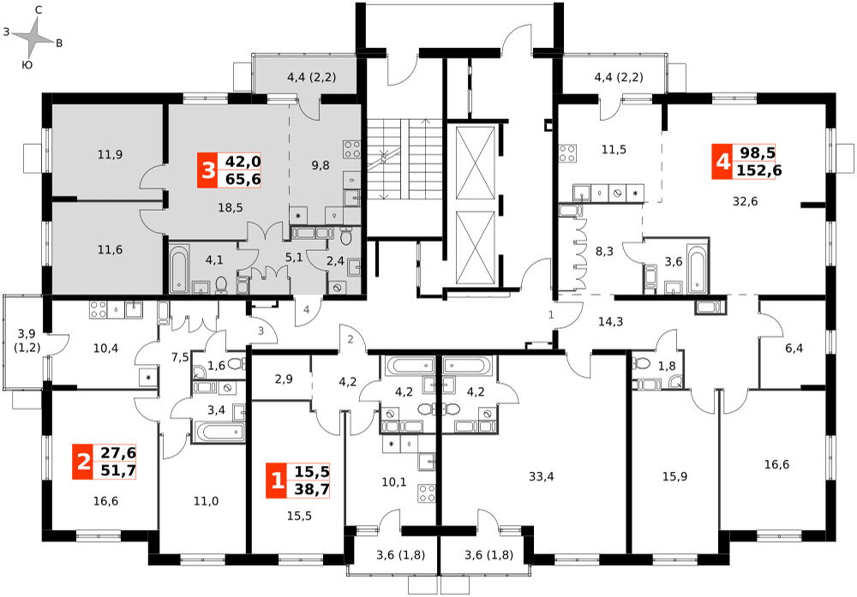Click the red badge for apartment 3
207,170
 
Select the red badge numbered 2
83,462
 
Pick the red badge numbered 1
277,481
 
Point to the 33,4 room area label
541,477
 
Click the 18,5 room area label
230,207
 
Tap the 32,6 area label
745,201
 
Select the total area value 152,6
759,170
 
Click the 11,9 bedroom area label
110,154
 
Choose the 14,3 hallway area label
610,322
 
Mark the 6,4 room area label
794,348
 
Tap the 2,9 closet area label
284,379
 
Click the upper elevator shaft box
475,163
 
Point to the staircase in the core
404,159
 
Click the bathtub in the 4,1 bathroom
179,269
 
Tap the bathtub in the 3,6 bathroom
696,269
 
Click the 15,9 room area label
675,477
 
